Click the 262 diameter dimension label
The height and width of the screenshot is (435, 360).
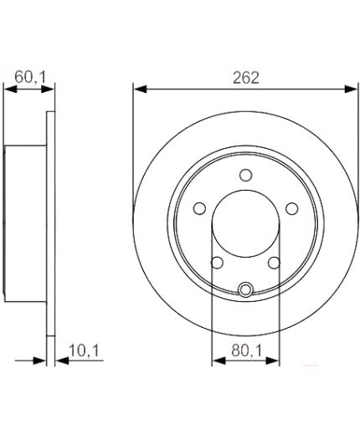click(245, 78)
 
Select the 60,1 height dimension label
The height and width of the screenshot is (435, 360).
click(30, 77)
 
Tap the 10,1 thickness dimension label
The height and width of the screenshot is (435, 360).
click(84, 351)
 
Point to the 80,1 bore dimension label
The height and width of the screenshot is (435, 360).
click(247, 351)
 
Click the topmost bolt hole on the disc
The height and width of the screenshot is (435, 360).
click(245, 175)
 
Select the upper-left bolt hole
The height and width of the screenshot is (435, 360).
click(199, 208)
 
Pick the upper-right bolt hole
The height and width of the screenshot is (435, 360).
click(292, 208)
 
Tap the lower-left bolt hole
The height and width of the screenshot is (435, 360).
click(217, 263)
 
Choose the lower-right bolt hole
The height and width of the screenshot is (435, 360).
click(274, 263)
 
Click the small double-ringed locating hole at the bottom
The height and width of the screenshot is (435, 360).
click(245, 289)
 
